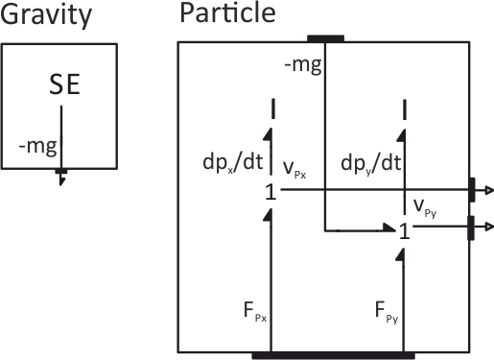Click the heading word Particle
click(x=226, y=14)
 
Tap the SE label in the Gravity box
click(x=64, y=89)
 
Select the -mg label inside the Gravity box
click(x=36, y=146)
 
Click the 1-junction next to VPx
click(x=271, y=193)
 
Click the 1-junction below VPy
click(x=404, y=231)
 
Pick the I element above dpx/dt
click(x=274, y=108)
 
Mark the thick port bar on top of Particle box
click(x=325, y=38)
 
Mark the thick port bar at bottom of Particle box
click(x=333, y=355)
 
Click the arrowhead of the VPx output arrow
click(x=488, y=191)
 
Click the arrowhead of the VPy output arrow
click(x=488, y=228)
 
